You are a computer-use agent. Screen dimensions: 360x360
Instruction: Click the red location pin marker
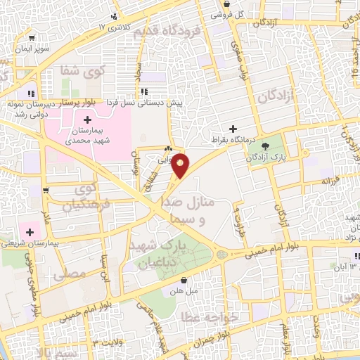(x=181, y=165)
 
